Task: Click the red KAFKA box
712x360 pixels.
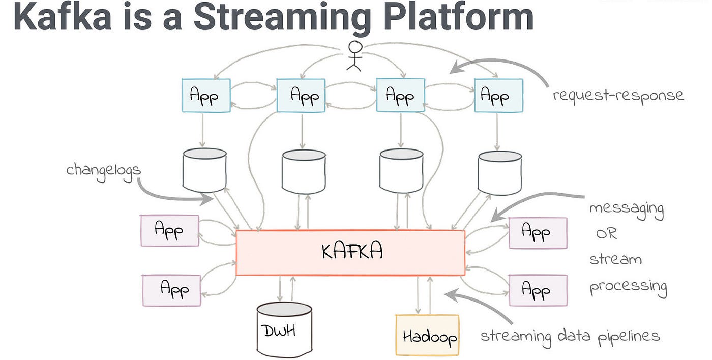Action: (350, 253)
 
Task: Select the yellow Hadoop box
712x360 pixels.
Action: (427, 335)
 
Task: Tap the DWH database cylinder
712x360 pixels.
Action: (284, 330)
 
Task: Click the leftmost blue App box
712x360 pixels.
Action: (205, 95)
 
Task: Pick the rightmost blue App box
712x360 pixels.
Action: (498, 95)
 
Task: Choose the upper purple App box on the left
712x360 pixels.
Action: (169, 231)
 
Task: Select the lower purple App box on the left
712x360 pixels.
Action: (171, 290)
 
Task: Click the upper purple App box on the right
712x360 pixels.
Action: (538, 233)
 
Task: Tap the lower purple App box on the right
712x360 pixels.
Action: (538, 290)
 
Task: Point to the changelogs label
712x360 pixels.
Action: (103, 170)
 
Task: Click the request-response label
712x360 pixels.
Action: (618, 95)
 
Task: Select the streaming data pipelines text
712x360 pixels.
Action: (570, 336)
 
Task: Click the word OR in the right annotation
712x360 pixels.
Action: (606, 234)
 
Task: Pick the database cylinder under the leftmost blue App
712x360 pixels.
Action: (204, 170)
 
